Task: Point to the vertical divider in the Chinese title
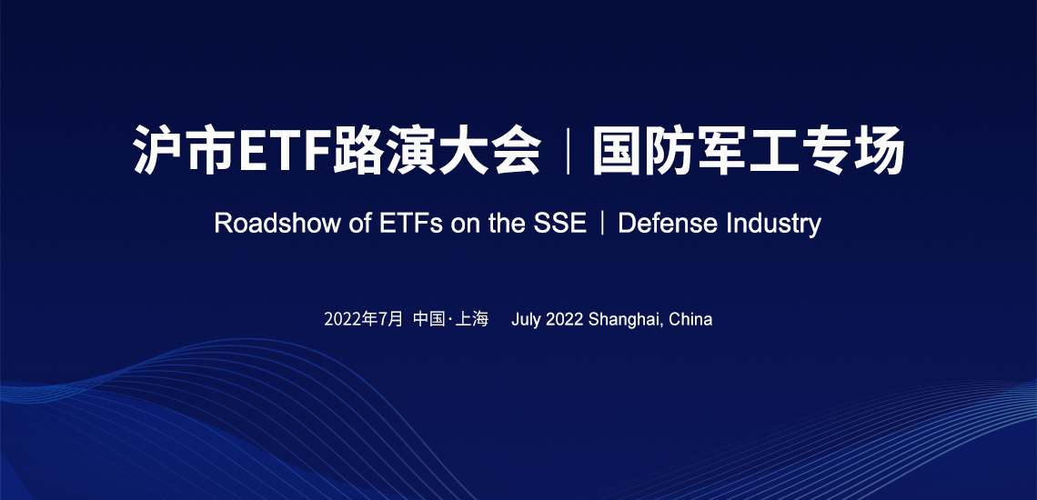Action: pyautogui.click(x=568, y=151)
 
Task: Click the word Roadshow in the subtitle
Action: pyautogui.click(x=277, y=224)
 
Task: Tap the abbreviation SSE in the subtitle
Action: pyautogui.click(x=560, y=224)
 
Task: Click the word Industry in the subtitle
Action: pyautogui.click(x=774, y=225)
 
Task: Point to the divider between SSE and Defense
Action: pyautogui.click(x=602, y=224)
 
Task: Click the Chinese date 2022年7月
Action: pyautogui.click(x=363, y=319)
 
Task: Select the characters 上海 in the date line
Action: pyautogui.click(x=472, y=319)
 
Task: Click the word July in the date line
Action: pyautogui.click(x=527, y=319)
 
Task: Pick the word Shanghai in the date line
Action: pyautogui.click(x=625, y=319)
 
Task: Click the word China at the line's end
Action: pyautogui.click(x=690, y=319)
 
